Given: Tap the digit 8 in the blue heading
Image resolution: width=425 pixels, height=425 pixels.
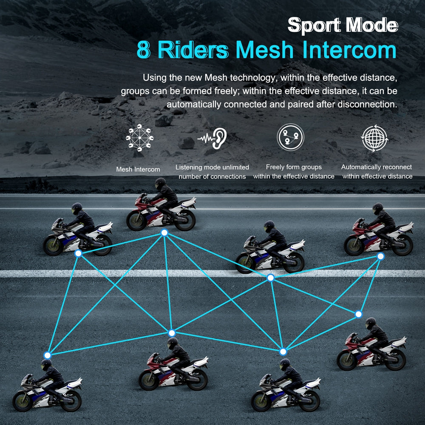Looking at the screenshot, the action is (143, 50).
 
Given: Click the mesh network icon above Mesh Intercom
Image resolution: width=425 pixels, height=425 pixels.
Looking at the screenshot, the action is (139, 138).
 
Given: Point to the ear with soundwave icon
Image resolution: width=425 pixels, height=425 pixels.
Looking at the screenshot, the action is (212, 138).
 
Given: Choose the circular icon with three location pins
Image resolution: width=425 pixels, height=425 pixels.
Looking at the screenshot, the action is (290, 137).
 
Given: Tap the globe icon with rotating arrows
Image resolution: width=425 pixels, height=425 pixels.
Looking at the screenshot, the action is (375, 138).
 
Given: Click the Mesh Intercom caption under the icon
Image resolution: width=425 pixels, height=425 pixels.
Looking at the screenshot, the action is (138, 170).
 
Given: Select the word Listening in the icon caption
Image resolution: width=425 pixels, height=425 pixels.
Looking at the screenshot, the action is (188, 167).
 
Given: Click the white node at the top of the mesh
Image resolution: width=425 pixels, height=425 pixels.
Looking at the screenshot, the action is (164, 232).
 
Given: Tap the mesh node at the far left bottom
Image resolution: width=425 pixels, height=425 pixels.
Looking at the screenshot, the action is (48, 355).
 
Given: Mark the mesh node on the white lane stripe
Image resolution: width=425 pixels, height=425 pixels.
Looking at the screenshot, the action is (270, 278).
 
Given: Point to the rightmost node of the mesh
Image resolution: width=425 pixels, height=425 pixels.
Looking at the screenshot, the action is (380, 256).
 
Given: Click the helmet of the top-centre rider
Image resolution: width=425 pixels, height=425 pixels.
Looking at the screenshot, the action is (160, 184).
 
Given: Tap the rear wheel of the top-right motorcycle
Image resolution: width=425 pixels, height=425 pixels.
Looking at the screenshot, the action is (403, 245).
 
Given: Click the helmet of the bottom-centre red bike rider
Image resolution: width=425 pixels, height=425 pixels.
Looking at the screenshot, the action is (173, 343).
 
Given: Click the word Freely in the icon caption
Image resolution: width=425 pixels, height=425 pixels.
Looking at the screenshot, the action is (275, 167).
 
